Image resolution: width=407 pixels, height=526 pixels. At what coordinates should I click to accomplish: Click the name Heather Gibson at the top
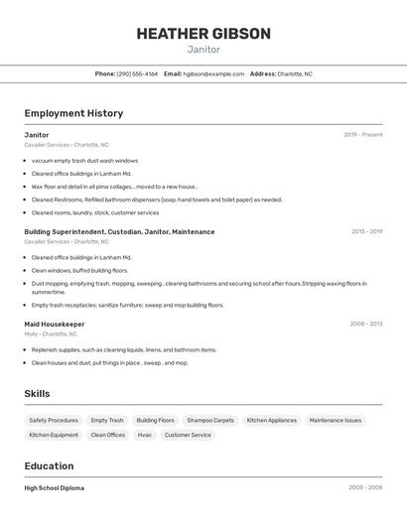coord(203,34)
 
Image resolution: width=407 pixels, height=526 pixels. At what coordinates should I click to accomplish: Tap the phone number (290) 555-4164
coord(137,73)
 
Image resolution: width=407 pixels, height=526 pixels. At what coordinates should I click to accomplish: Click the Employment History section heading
coord(73,113)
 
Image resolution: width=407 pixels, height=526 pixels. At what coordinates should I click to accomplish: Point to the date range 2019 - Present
coord(363,135)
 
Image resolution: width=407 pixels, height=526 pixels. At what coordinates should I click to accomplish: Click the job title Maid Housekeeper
coord(55,324)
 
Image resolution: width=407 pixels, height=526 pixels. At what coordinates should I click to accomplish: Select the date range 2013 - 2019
coord(366,231)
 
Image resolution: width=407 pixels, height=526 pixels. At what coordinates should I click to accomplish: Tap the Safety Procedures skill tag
coord(54,420)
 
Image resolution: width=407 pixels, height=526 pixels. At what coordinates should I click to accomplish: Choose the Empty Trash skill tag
coord(107,420)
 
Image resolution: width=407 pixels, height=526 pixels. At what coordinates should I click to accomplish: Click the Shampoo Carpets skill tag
coord(210,420)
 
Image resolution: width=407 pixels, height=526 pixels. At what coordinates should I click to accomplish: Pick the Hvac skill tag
coord(145,435)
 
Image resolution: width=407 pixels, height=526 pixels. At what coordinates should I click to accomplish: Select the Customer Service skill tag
coord(188,435)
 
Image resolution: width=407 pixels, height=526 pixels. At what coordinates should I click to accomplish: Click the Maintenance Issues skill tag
coord(336,420)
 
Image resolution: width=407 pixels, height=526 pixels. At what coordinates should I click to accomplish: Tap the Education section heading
coord(49,465)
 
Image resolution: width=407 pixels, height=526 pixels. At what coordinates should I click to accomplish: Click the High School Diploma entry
coord(55,488)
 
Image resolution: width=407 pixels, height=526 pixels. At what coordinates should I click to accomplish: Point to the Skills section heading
coord(37,394)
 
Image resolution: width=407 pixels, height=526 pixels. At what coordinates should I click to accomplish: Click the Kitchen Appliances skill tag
coord(272,420)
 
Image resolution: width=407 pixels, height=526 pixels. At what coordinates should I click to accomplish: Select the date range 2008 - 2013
coord(366,324)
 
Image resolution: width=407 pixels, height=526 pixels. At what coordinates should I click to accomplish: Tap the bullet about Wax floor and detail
coord(114,187)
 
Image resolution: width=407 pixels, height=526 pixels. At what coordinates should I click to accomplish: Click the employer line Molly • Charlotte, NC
coord(51,334)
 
